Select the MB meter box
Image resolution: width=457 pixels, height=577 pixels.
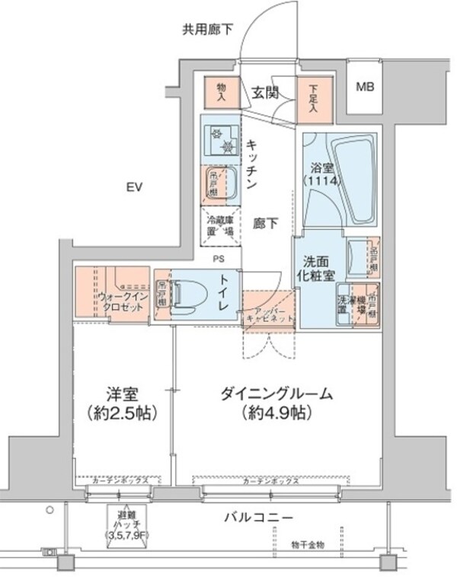tap(366, 87)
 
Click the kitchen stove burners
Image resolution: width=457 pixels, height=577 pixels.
tap(220, 138)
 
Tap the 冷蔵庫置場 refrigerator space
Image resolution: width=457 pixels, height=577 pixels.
tap(220, 225)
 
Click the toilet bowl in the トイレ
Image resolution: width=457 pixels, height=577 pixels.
tap(185, 293)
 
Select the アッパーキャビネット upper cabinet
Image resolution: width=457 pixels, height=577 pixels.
tap(268, 315)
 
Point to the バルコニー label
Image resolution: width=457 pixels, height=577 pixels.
tap(258, 518)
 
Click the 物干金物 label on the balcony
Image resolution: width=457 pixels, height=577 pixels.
tap(308, 545)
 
